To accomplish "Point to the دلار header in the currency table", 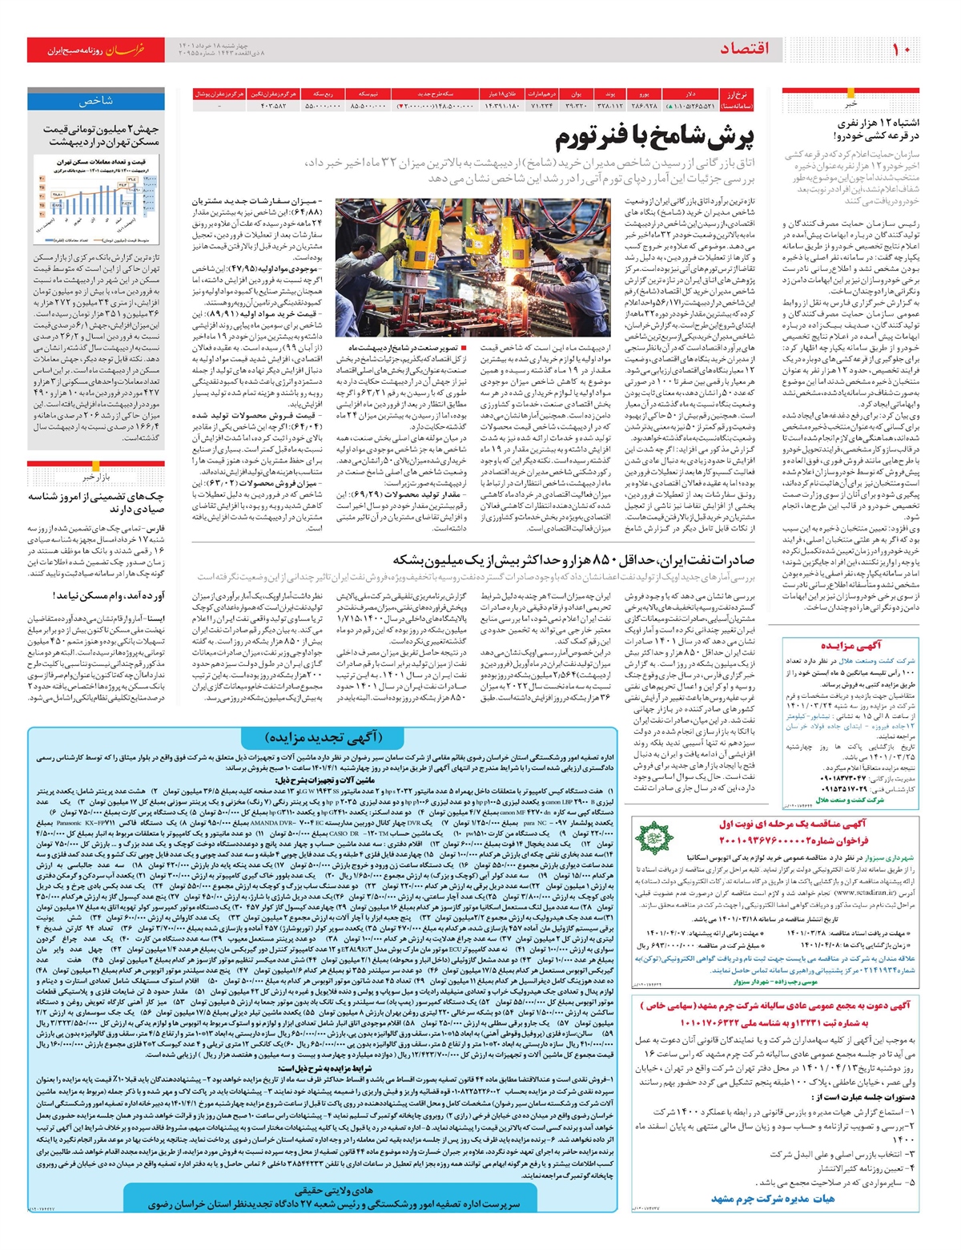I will click(x=690, y=94).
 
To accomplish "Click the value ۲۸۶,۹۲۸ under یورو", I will click(x=644, y=105).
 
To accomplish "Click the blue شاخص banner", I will click(x=96, y=102).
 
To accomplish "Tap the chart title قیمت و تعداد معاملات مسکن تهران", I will click(x=96, y=162).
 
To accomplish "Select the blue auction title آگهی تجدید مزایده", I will click(x=323, y=737).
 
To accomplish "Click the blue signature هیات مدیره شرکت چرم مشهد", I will click(x=773, y=1199).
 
